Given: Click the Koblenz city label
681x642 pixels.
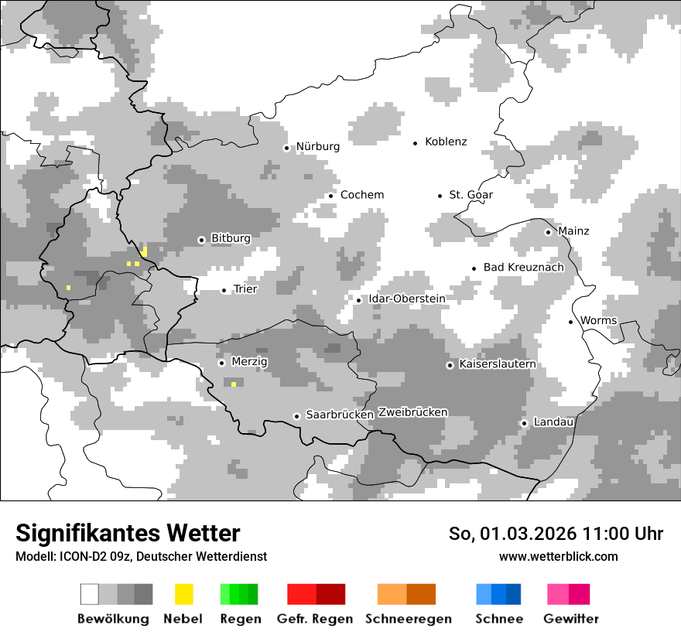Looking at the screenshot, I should [446, 142].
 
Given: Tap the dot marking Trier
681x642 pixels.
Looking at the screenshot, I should [224, 291].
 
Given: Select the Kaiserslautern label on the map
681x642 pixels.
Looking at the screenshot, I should [497, 364].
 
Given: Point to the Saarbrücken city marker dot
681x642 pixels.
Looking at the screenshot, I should [296, 416].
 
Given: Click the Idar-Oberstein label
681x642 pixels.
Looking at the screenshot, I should [406, 299].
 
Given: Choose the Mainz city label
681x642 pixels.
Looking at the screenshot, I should [573, 231].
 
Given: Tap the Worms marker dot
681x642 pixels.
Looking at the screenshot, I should [571, 322].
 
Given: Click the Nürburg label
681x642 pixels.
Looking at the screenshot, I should [317, 146].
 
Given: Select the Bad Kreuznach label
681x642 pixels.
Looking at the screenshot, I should [523, 268].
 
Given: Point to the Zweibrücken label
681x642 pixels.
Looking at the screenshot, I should [412, 412].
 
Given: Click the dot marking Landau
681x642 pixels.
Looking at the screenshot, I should [524, 423].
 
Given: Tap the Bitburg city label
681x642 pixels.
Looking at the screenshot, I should [231, 239].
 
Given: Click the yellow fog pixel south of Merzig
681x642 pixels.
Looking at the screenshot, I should [234, 384].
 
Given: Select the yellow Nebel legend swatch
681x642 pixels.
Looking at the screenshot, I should [183, 594].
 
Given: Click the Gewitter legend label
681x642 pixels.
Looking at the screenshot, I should [570, 619].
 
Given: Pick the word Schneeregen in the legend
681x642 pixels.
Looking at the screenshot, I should [408, 619].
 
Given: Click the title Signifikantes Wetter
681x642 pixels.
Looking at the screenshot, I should [128, 533].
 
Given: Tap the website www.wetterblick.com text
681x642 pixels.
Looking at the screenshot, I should [558, 556].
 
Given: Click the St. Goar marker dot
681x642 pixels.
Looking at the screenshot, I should [440, 196].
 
